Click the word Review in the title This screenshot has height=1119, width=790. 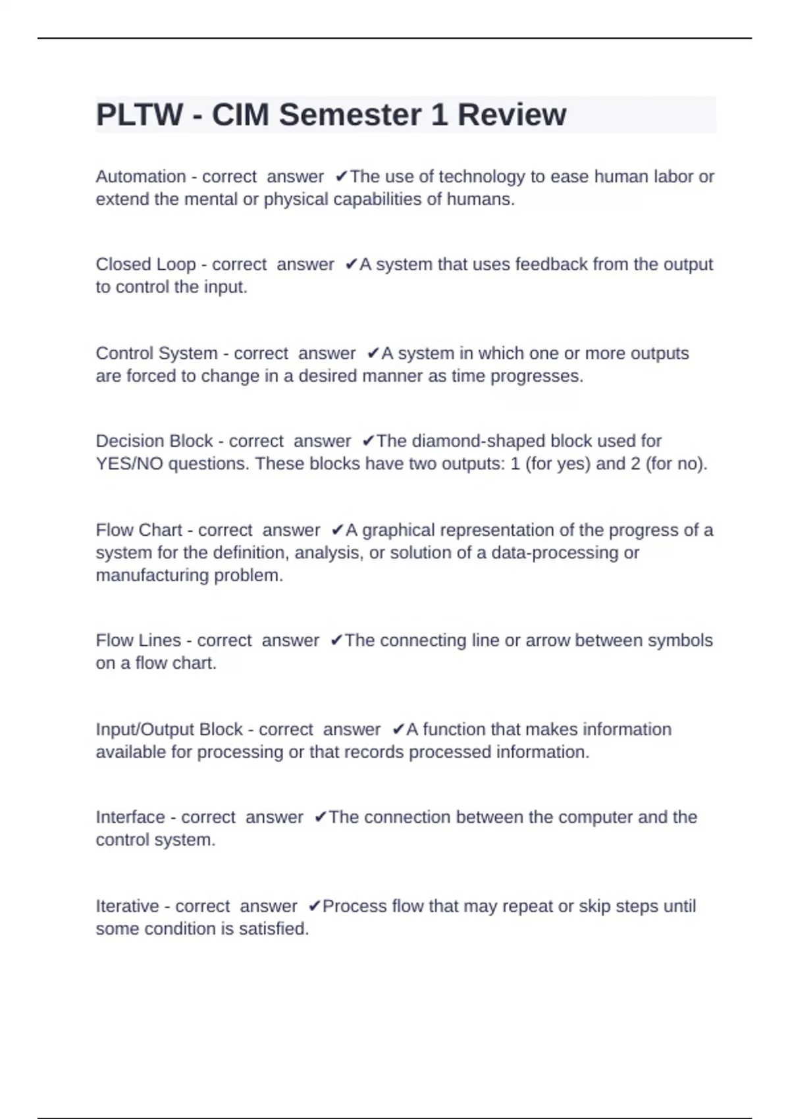pyautogui.click(x=512, y=115)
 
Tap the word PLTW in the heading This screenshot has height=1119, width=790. pyautogui.click(x=139, y=115)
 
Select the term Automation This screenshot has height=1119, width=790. pyautogui.click(x=141, y=176)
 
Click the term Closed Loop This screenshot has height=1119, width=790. pyautogui.click(x=145, y=264)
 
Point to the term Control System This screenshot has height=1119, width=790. pyautogui.click(x=157, y=353)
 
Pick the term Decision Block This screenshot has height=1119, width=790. pyautogui.click(x=154, y=441)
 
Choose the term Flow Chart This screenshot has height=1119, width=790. pyautogui.click(x=138, y=530)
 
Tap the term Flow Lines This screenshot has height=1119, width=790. pyautogui.click(x=138, y=640)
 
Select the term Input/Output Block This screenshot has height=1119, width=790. pyautogui.click(x=169, y=729)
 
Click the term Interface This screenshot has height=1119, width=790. pyautogui.click(x=130, y=817)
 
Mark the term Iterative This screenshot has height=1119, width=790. pyautogui.click(x=127, y=906)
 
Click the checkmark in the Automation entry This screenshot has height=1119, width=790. pyautogui.click(x=341, y=176)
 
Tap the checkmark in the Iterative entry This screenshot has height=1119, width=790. pyautogui.click(x=314, y=906)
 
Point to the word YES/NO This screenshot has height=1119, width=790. pyautogui.click(x=130, y=464)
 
